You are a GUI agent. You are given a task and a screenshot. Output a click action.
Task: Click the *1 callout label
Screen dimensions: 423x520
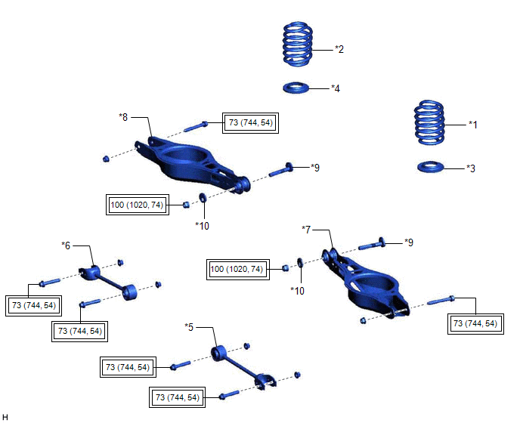point(473,124)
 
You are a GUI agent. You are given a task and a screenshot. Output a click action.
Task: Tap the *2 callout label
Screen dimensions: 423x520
point(339,49)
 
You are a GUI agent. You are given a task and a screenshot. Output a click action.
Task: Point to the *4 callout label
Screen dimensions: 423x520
point(336,88)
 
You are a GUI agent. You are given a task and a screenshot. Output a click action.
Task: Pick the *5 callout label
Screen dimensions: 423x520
point(190,327)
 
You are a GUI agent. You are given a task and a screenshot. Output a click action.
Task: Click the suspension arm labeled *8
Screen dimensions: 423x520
point(185,160)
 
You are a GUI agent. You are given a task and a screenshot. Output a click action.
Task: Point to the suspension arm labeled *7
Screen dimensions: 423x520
point(370,283)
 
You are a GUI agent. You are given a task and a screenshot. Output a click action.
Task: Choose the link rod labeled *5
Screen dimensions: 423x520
point(239,366)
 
